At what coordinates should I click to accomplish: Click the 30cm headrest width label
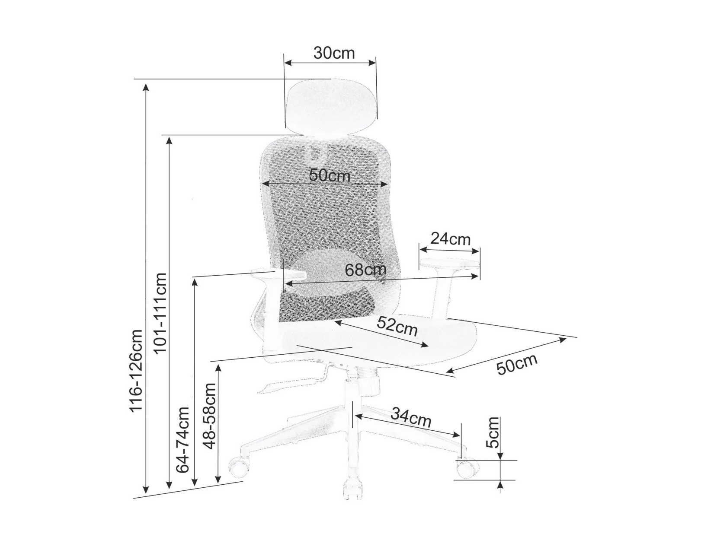click(334, 53)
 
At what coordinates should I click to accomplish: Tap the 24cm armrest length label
click(450, 239)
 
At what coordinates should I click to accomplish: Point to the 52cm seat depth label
click(397, 326)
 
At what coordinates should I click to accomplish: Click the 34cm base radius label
click(411, 417)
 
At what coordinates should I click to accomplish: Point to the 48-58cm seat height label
click(209, 416)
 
